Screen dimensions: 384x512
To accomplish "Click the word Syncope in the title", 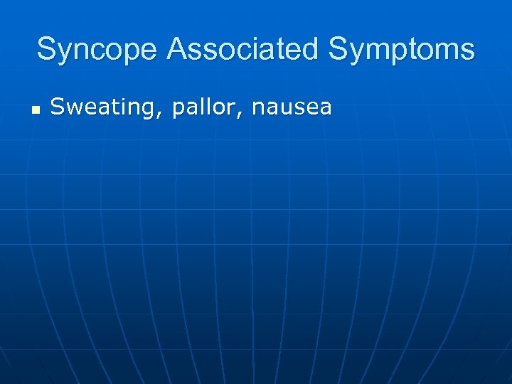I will (97, 50).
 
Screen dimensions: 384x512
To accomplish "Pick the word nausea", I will (292, 108).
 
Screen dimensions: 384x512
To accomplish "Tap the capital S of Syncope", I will (47, 50).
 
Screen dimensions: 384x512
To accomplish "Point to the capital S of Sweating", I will (57, 107).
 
